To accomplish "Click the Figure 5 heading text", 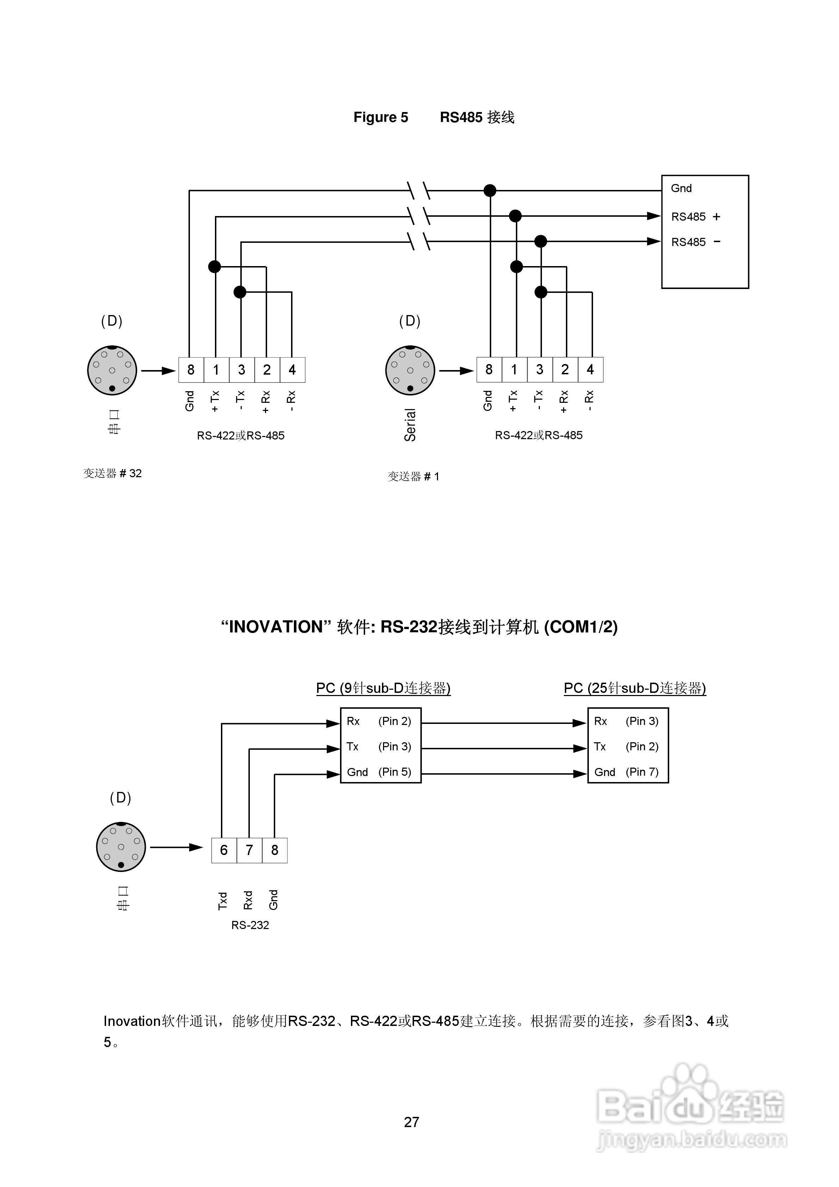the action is [x=381, y=117].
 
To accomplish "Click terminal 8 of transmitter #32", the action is [x=191, y=370].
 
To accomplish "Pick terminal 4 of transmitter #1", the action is [x=590, y=370].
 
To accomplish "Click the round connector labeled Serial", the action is [x=410, y=371].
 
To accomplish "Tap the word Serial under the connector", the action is [x=410, y=425].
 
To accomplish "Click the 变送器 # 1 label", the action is [x=414, y=476].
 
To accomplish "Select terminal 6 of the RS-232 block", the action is [x=224, y=850].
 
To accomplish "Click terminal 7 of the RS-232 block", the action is [x=249, y=850].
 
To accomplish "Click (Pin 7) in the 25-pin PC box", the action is [x=642, y=772].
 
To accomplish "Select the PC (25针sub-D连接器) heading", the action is [x=635, y=688].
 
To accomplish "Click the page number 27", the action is [x=412, y=1122].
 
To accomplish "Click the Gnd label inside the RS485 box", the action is [x=681, y=188].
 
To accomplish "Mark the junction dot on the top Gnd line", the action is [x=489, y=191].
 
